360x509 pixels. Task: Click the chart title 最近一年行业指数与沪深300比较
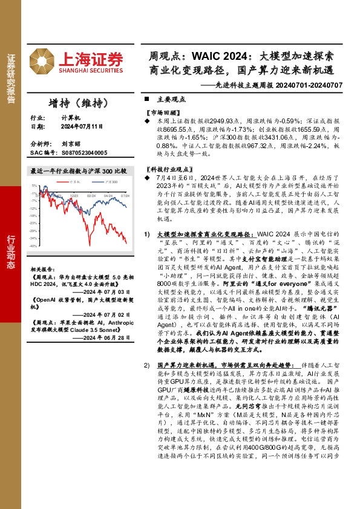coord(79,172)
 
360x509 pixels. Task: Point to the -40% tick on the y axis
coord(33,246)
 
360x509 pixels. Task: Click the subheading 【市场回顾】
coord(164,113)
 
